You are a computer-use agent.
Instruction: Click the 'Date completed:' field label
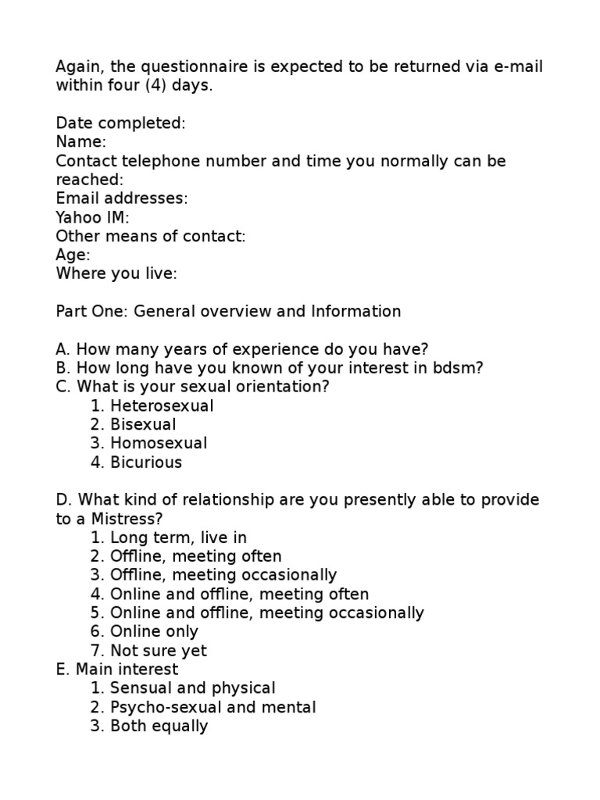[120, 123]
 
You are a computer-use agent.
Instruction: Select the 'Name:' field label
[80, 142]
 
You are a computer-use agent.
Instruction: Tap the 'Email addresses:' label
[121, 198]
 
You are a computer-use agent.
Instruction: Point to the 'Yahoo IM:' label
[92, 217]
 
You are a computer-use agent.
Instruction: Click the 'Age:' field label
[73, 255]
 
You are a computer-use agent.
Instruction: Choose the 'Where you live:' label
[116, 273]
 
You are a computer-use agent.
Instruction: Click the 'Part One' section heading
[228, 312]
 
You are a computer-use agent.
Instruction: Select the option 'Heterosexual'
[162, 405]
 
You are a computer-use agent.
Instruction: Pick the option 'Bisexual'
[143, 424]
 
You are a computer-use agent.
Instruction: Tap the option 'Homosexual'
[159, 443]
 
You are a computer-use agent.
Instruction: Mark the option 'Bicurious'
[146, 462]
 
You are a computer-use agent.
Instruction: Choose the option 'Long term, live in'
[178, 537]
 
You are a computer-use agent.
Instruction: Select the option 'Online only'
[154, 631]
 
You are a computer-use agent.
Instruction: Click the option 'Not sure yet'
[159, 651]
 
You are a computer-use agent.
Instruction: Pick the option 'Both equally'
[159, 726]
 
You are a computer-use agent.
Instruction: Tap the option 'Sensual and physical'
[192, 688]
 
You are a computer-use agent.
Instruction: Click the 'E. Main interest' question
[116, 670]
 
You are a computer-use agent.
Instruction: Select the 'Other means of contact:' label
[151, 236]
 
